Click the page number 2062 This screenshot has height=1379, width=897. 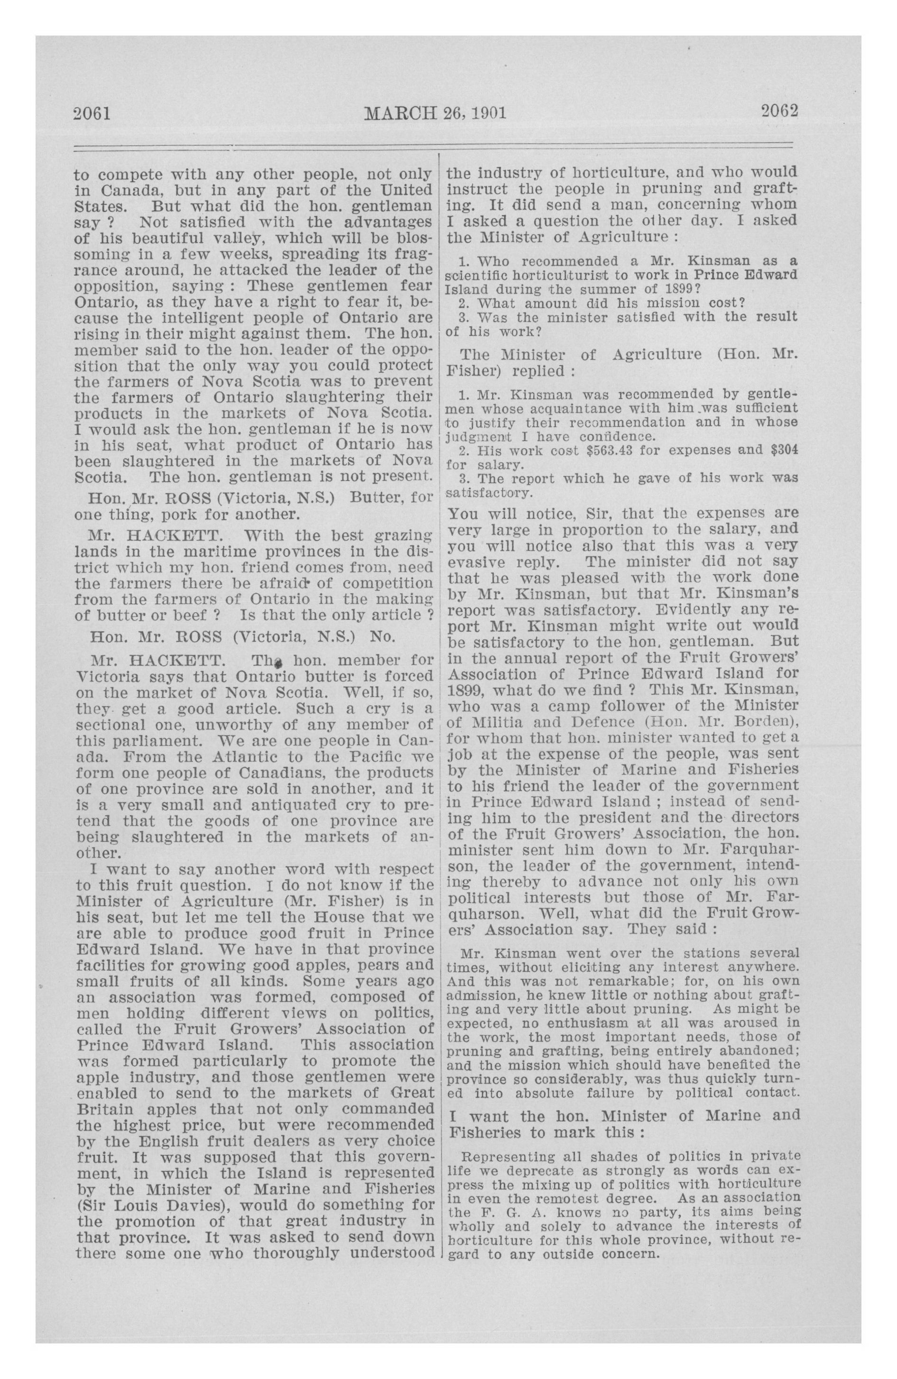[779, 110]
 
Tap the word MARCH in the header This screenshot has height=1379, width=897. [399, 112]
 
